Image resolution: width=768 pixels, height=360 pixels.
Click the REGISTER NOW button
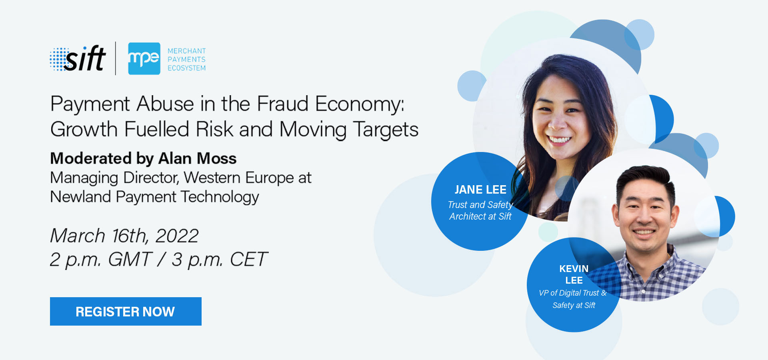click(x=126, y=311)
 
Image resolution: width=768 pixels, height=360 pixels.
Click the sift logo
click(x=78, y=58)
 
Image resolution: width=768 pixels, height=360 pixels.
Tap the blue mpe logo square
click(x=144, y=58)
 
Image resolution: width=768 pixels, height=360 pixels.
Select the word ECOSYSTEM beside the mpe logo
click(x=186, y=68)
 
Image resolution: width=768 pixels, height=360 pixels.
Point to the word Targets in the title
click(x=385, y=130)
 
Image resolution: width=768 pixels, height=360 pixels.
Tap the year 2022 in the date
click(x=177, y=236)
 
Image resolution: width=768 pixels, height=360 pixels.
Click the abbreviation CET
click(x=248, y=259)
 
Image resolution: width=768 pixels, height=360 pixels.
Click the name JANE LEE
click(x=480, y=190)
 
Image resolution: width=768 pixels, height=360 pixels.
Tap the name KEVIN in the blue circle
click(x=574, y=269)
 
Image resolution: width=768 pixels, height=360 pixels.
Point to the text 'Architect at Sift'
click(x=480, y=216)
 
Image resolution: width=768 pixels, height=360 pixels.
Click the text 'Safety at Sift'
click(x=574, y=305)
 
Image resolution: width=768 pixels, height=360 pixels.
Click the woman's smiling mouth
click(x=559, y=140)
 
